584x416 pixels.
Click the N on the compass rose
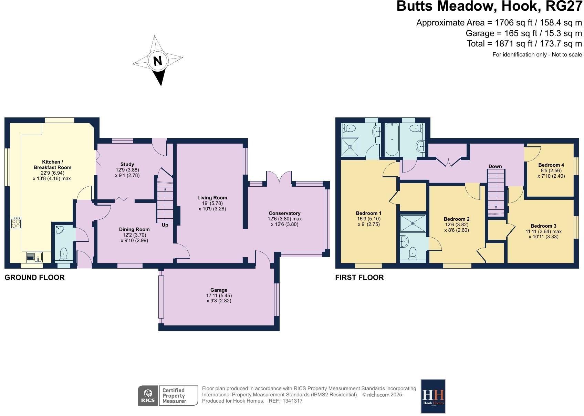(157, 61)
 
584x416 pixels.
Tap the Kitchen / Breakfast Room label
(52, 165)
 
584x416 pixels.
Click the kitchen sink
(34, 257)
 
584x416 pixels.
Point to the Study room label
(127, 164)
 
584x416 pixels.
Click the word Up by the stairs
(165, 225)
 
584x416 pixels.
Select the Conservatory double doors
(279, 178)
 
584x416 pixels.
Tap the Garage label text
(219, 290)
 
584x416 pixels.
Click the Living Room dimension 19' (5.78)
(212, 203)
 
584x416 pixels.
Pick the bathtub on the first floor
(392, 139)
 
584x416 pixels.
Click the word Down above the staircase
(495, 166)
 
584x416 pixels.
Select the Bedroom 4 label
(551, 165)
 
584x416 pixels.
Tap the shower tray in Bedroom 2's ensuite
(413, 222)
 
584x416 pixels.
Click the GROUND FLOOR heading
(34, 278)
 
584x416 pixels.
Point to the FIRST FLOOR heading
(359, 278)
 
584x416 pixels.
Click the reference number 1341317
(292, 401)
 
